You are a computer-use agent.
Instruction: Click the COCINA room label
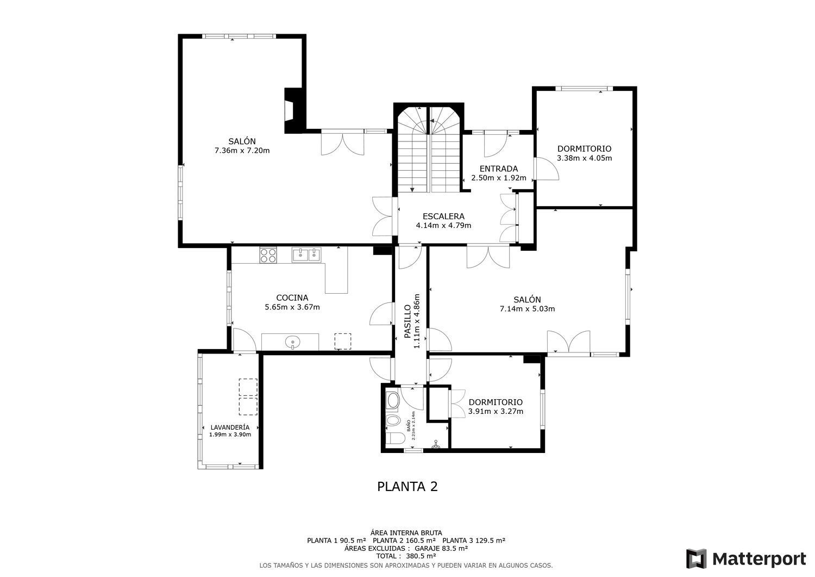(292, 297)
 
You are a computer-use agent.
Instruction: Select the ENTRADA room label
(498, 169)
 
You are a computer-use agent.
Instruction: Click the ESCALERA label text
(443, 216)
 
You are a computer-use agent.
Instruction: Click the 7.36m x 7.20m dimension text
(242, 151)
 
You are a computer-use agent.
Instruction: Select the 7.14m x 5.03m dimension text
(527, 309)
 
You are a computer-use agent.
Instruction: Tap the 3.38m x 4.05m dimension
(584, 158)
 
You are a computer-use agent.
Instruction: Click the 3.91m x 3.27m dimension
(496, 411)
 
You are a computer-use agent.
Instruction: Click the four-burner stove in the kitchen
(268, 255)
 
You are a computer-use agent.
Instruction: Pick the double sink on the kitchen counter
(306, 255)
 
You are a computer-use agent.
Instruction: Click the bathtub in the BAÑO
(392, 401)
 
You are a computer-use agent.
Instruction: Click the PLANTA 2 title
(407, 486)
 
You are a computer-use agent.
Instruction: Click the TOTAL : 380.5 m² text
(407, 556)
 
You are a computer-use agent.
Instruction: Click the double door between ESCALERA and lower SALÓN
(488, 257)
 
